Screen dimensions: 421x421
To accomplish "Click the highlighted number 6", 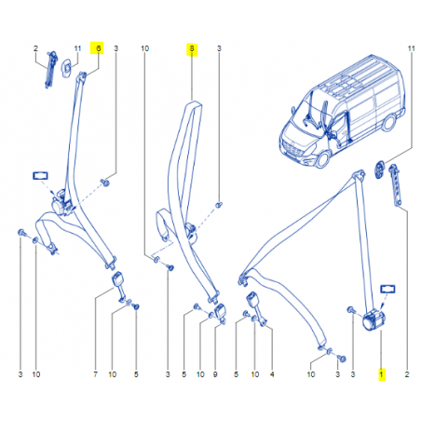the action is (99, 48).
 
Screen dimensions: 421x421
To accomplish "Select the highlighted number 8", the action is (192, 48).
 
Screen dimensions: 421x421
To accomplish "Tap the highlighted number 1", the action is (382, 374).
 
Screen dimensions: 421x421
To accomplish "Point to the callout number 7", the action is (95, 374).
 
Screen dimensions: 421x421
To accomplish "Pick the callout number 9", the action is (215, 374).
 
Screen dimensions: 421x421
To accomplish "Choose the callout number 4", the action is (272, 374).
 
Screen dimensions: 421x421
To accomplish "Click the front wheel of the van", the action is (323, 159).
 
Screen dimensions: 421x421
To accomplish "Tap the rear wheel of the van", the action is (388, 122).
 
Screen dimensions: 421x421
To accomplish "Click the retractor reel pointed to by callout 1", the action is (373, 319).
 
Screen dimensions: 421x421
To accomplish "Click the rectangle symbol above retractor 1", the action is (387, 289).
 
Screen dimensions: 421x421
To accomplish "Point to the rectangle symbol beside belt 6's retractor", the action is (40, 176).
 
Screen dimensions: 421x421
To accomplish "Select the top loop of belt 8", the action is (193, 105).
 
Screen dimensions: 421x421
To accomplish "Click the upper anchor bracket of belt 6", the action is (82, 75).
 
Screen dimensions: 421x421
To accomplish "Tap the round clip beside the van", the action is (380, 170).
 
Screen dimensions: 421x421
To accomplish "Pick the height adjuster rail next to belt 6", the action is (50, 70).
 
